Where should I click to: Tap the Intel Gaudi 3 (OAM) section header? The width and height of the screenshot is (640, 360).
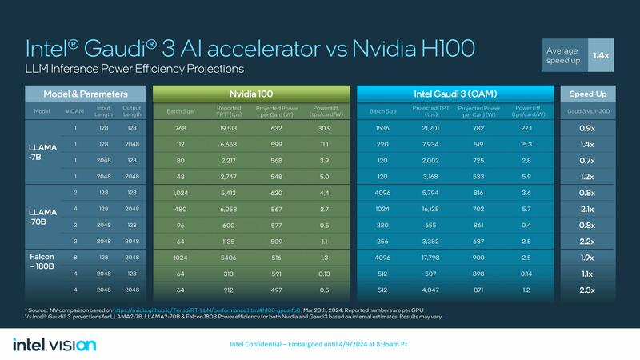[455, 93]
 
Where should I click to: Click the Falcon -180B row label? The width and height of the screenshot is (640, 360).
[44, 262]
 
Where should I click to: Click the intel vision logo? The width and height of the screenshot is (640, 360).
[54, 344]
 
